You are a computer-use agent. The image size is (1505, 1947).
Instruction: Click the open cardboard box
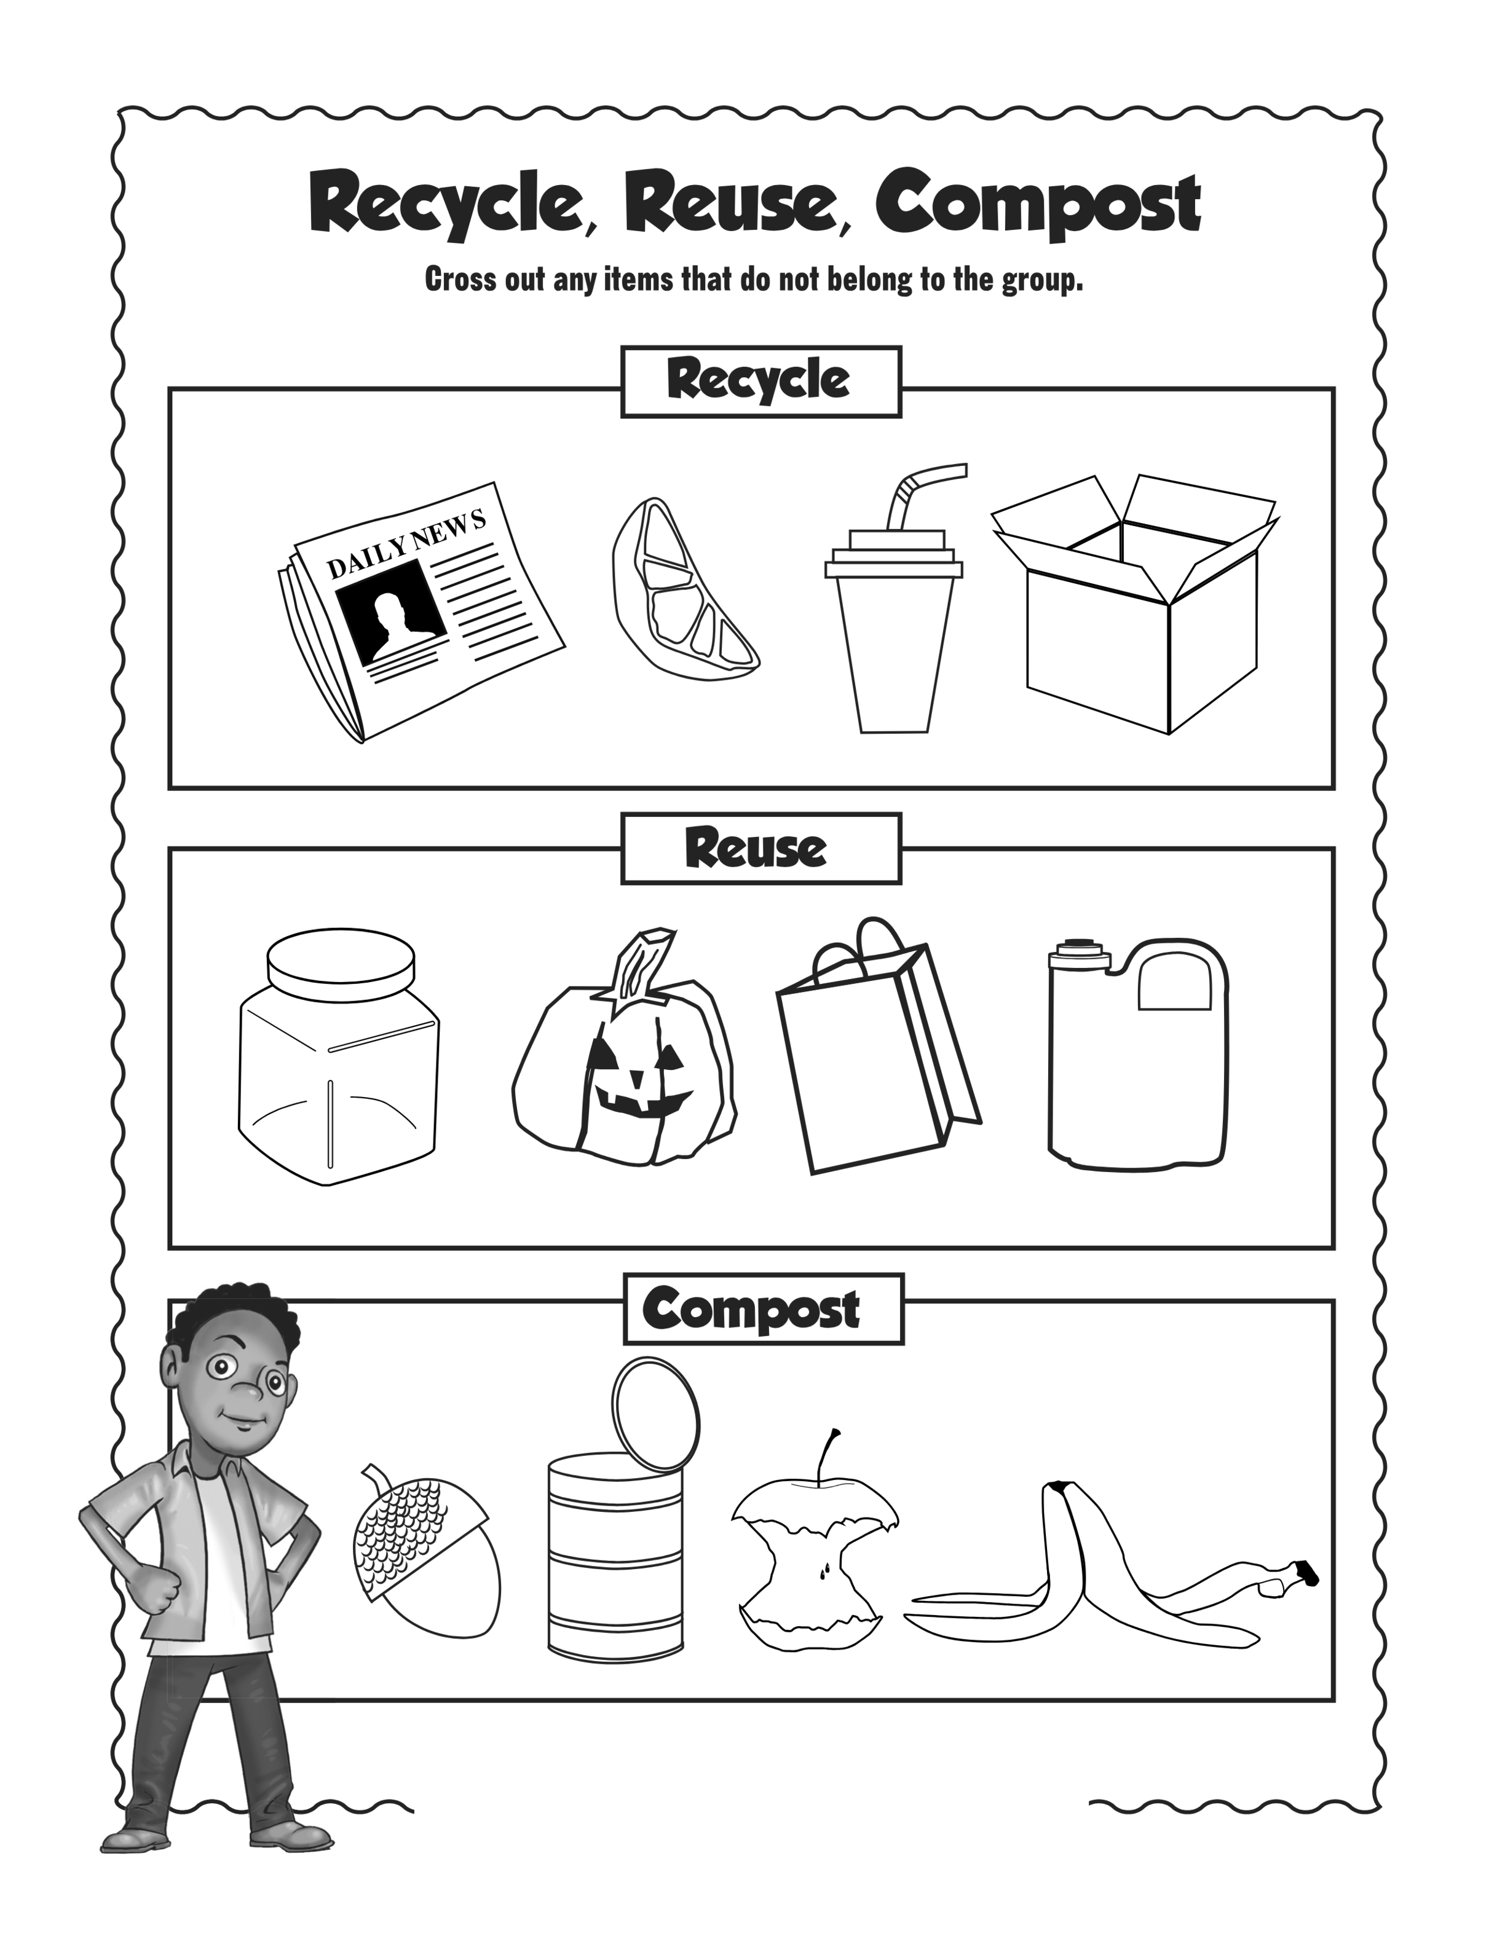point(1135,604)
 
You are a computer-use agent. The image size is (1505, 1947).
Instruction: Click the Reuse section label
point(760,848)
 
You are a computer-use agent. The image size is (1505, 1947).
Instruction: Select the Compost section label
point(763,1308)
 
